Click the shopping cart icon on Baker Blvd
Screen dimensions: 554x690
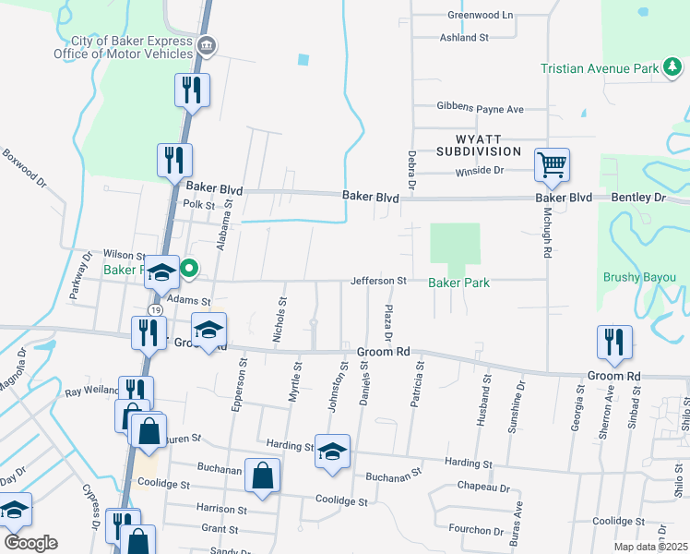(552, 166)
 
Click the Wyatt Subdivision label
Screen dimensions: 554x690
(479, 144)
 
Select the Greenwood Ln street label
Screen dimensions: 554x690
(480, 16)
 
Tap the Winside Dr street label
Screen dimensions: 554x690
(480, 171)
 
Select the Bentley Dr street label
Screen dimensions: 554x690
(638, 199)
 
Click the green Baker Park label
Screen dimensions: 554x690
(458, 282)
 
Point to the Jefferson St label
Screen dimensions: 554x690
(378, 281)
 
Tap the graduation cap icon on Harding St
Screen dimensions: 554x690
(333, 452)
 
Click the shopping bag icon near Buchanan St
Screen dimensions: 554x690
(262, 476)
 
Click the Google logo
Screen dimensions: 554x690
(30, 543)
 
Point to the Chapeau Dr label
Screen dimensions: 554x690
(483, 488)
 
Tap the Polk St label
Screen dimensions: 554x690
(198, 205)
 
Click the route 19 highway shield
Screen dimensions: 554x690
(157, 308)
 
